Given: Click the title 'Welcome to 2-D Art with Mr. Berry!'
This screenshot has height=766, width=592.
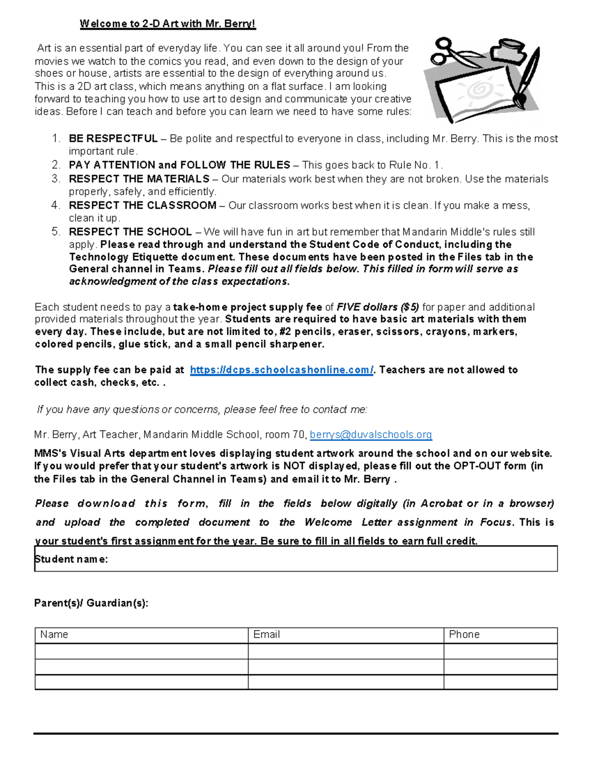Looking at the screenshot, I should click(x=168, y=24).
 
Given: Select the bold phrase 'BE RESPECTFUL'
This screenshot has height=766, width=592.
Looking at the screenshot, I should click(x=113, y=139).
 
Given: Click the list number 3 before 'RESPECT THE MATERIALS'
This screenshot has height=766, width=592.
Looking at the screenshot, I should click(x=56, y=179).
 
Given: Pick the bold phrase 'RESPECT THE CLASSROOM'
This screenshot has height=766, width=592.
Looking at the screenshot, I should click(x=143, y=205).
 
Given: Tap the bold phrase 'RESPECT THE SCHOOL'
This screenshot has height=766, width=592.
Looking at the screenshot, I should click(x=130, y=232).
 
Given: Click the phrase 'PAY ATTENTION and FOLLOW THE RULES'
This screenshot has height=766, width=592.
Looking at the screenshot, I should click(x=180, y=165).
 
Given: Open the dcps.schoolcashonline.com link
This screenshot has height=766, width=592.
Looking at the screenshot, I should click(x=282, y=370).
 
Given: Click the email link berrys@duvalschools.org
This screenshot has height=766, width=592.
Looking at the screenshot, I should click(x=370, y=435).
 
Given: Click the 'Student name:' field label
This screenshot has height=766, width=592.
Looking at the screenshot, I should click(x=71, y=559).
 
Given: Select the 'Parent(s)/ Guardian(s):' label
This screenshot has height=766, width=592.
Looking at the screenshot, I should click(x=91, y=603).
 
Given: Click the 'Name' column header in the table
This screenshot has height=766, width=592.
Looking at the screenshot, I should click(x=54, y=635).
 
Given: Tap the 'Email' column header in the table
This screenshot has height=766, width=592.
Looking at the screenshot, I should click(x=266, y=635).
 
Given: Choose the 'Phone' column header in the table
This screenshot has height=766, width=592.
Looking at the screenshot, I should click(x=464, y=635).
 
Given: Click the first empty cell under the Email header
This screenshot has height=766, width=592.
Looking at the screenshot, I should click(x=345, y=651).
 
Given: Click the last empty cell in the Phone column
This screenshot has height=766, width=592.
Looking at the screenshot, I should click(x=500, y=682).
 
